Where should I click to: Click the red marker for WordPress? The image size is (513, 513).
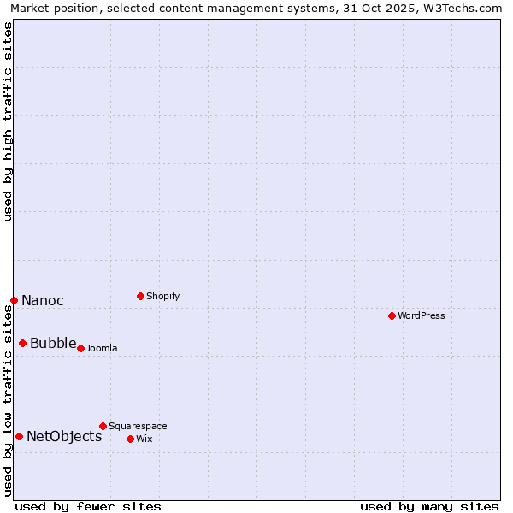(x=392, y=315)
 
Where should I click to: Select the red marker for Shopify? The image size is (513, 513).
(x=140, y=296)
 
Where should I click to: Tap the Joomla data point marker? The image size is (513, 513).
(x=80, y=348)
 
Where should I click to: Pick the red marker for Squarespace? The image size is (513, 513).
(x=103, y=426)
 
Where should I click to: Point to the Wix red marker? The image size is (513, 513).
(x=130, y=439)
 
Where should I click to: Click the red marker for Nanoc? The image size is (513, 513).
(x=14, y=300)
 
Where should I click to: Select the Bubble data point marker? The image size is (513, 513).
(x=22, y=343)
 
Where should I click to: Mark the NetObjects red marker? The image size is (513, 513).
(x=19, y=436)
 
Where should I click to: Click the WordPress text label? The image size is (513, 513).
(x=422, y=315)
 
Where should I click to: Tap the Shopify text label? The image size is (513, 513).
(x=163, y=296)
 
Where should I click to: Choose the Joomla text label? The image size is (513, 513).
(x=102, y=348)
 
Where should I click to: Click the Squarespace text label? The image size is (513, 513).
(x=138, y=426)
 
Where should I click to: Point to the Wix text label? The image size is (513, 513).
(x=144, y=439)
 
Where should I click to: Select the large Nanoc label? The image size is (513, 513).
(x=43, y=300)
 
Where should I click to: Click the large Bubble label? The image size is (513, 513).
(x=53, y=343)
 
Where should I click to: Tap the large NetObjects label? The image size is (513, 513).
(x=64, y=436)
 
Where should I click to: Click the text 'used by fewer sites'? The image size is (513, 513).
(x=88, y=506)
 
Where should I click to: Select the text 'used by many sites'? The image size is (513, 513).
(x=429, y=506)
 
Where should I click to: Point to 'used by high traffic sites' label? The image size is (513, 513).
(x=8, y=121)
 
